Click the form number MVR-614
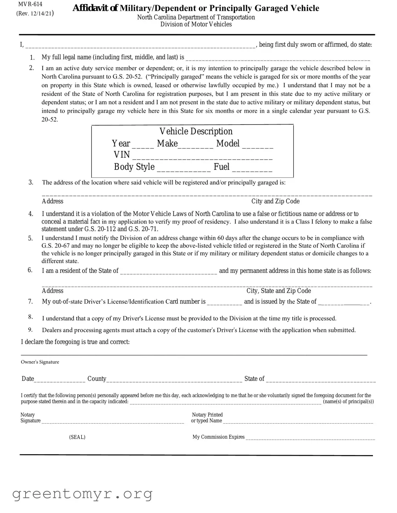[30, 4]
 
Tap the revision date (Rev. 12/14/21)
[35, 14]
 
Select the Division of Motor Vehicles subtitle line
[196, 24]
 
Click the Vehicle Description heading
[196, 131]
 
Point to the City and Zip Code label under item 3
[275, 201]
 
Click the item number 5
[30, 238]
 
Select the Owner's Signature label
[40, 362]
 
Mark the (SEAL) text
[77, 437]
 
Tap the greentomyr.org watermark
[82, 494]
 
